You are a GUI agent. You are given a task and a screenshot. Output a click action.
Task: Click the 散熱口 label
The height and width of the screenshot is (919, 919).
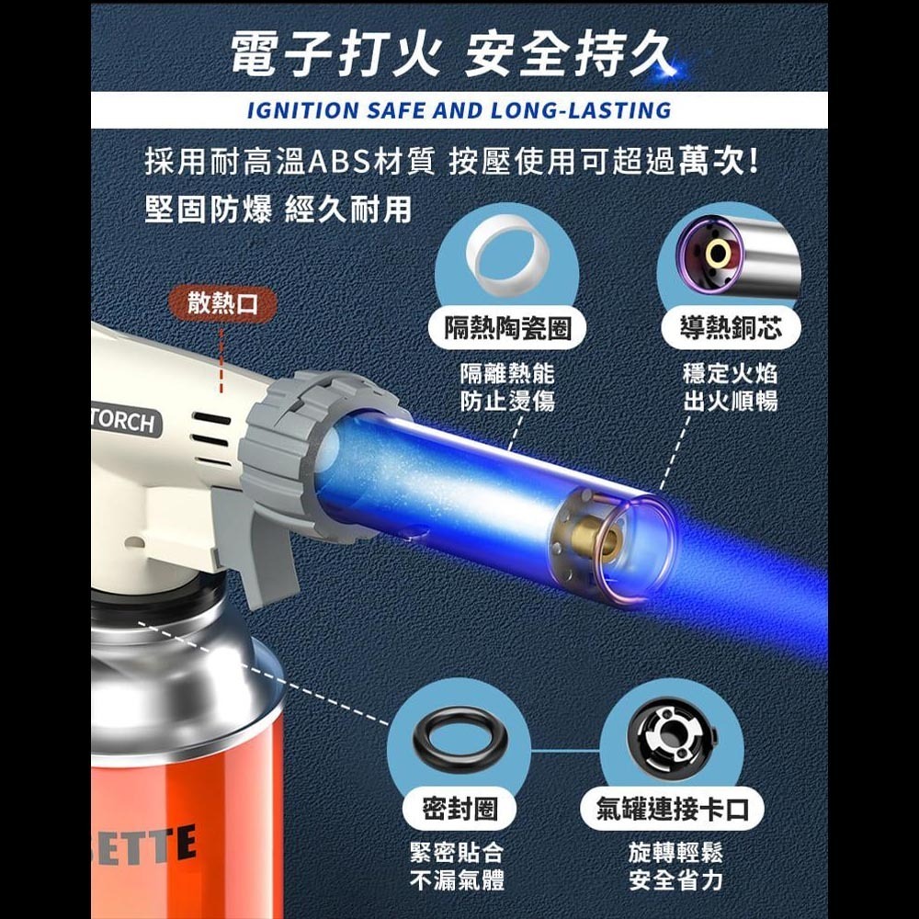point(223,304)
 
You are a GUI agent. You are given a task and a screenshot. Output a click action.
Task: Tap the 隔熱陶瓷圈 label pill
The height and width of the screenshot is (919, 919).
point(508,329)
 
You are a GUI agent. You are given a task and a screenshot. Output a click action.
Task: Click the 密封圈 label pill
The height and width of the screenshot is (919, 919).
point(459,809)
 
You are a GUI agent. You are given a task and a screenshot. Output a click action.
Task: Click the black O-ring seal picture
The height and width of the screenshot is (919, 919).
point(457,733)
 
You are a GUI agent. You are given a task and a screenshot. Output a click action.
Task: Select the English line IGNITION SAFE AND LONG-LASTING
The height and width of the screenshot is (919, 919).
point(459,111)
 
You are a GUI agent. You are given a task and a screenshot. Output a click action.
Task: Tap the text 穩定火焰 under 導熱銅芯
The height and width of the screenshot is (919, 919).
point(730,374)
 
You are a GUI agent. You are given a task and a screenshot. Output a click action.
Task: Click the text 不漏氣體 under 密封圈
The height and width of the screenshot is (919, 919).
point(457,880)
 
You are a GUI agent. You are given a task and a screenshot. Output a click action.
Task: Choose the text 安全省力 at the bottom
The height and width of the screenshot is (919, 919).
point(675,880)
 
